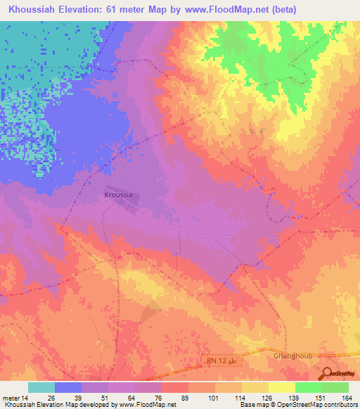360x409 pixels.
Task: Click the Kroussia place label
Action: click(117, 194)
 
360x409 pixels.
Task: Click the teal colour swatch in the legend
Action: click(41, 387)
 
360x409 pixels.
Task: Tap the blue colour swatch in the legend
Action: click(68, 387)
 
